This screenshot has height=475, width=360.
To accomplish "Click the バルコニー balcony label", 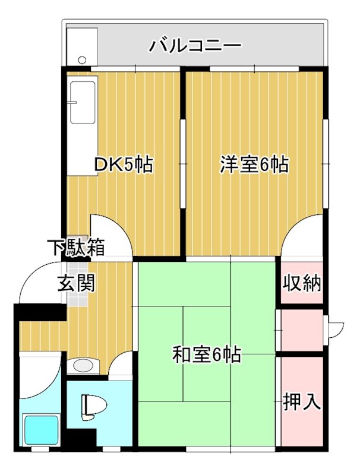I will (x=195, y=45).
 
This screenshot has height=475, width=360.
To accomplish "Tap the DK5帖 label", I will (x=125, y=164).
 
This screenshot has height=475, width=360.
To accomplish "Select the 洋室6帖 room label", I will (x=254, y=164).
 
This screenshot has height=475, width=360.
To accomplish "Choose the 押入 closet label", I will (x=302, y=402).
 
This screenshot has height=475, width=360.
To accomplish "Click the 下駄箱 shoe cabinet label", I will (x=77, y=247).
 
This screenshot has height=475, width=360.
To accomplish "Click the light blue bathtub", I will (x=40, y=430).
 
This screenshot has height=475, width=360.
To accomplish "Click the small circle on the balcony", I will (x=82, y=60).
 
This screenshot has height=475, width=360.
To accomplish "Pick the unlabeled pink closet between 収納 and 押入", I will (x=301, y=330).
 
